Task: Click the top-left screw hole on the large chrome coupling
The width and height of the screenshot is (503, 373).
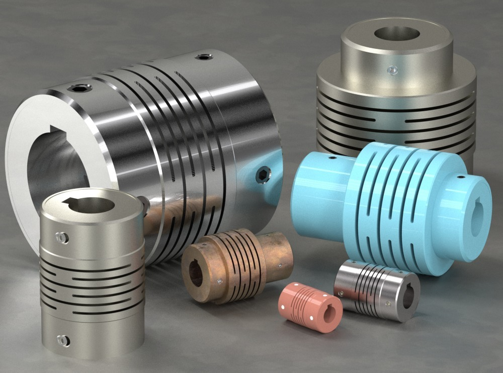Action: (79, 88)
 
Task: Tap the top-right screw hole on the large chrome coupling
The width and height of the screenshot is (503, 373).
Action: (204, 57)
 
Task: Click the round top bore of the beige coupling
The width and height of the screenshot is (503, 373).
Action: (397, 34)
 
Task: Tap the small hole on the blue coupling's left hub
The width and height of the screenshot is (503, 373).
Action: (332, 157)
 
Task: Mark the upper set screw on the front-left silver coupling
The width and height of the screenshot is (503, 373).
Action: (61, 236)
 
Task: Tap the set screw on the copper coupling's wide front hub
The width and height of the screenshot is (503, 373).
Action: (220, 283)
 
